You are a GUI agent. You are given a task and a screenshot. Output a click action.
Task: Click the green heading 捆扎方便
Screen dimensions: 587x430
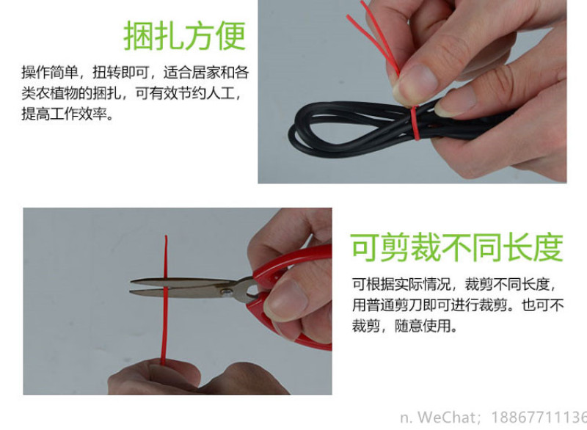pos(185,35)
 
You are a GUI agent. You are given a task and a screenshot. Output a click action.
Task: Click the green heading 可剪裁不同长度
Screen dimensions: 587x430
pos(457,247)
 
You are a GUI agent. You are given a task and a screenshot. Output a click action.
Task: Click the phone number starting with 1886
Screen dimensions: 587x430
pos(539,417)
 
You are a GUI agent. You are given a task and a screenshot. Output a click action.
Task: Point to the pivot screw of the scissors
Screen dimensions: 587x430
pos(227,292)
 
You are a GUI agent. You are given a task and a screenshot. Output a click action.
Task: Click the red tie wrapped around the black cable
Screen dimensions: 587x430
pos(415,123)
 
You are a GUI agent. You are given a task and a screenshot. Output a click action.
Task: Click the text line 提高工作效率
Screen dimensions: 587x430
pos(68,114)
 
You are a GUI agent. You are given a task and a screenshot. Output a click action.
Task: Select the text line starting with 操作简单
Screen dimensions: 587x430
pos(135,72)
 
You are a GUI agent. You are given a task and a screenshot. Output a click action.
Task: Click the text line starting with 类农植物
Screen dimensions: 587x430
pos(131,92)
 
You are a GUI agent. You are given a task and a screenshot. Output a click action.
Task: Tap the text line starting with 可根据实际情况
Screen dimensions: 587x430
pos(453,285)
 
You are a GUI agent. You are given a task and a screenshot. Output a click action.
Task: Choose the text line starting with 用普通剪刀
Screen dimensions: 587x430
pos(457,305)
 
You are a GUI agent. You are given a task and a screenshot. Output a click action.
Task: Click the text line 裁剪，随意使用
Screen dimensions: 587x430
pos(404,326)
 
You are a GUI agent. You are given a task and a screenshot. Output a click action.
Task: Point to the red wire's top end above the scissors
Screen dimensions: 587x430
pos(166,236)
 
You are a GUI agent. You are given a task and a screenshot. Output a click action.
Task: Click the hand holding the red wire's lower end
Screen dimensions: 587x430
pos(187,378)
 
